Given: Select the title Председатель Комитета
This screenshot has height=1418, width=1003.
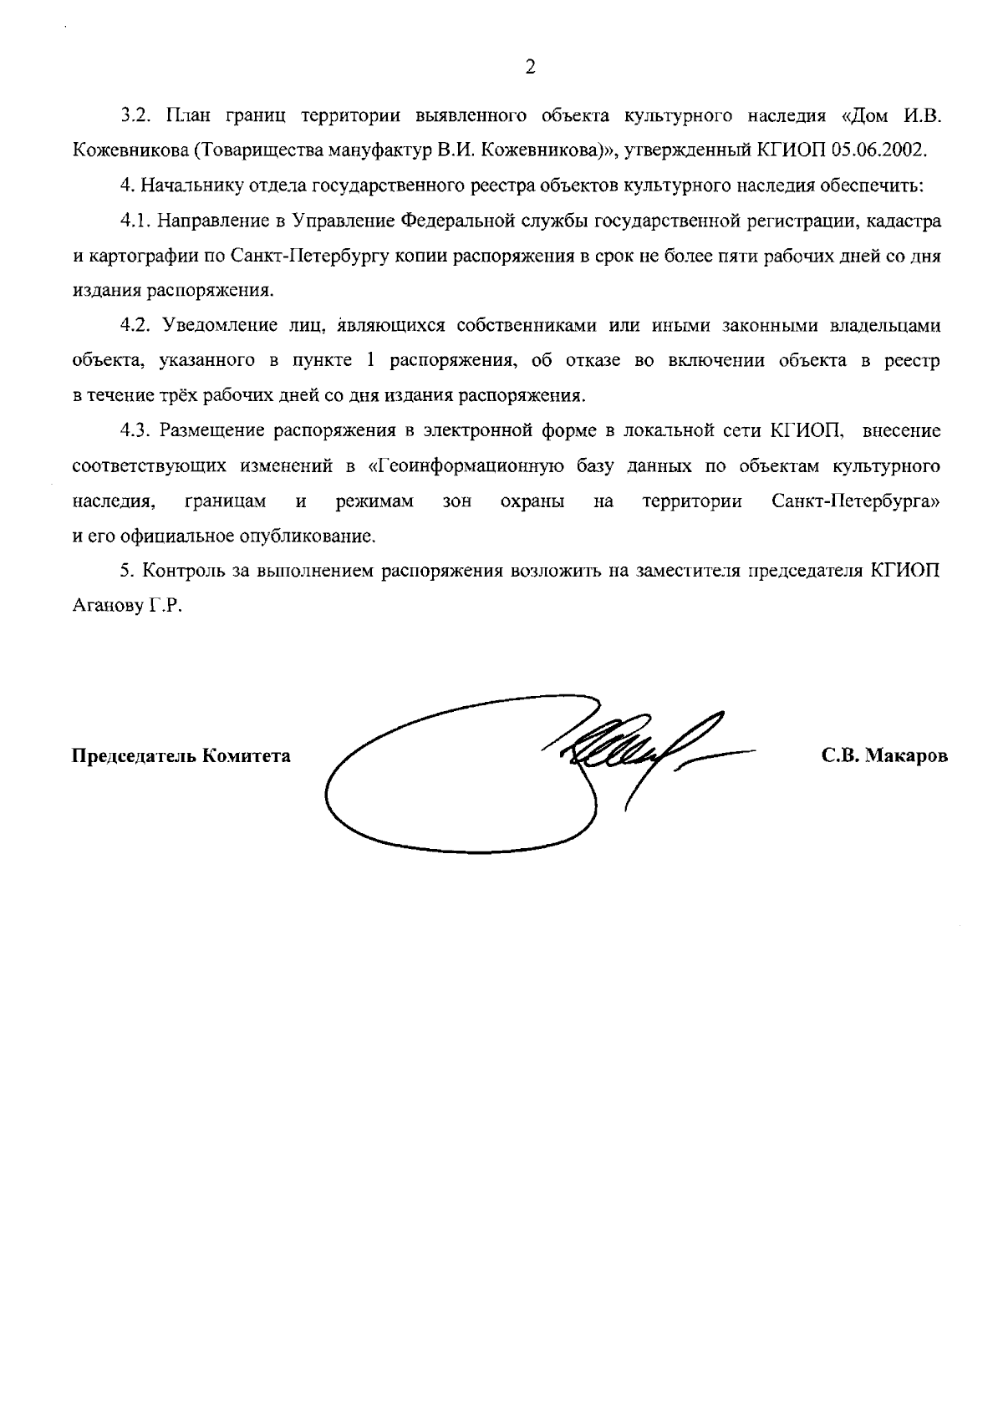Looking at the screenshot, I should [x=182, y=757].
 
